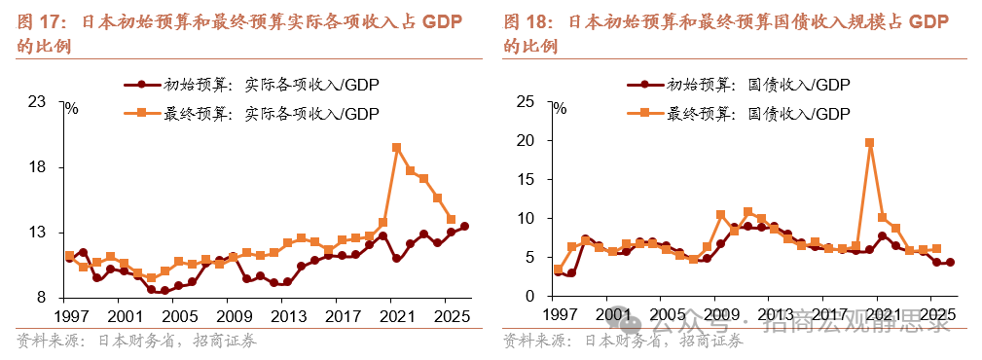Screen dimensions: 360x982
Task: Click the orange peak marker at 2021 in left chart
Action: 396,147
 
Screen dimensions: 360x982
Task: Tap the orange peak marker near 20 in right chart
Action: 868,142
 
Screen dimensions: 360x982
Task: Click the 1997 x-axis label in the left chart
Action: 70,316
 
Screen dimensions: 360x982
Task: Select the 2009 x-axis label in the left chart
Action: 233,316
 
